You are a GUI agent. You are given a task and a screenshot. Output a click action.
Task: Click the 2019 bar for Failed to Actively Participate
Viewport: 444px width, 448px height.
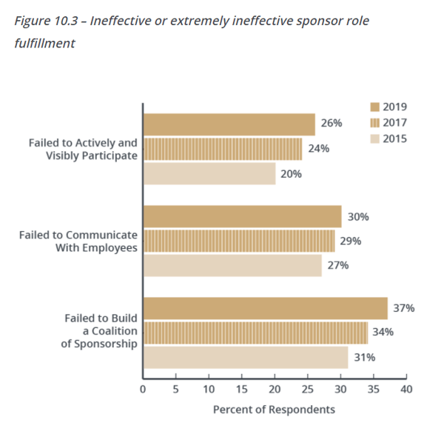click(229, 125)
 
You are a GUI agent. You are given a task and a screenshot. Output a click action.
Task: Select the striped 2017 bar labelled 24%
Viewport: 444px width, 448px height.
click(222, 149)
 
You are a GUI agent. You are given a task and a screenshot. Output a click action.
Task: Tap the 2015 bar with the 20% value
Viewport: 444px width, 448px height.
click(209, 173)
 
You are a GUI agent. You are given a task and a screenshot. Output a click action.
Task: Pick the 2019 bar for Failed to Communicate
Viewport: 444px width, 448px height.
click(242, 217)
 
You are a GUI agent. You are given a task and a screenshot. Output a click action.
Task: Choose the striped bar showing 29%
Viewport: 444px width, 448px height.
click(238, 241)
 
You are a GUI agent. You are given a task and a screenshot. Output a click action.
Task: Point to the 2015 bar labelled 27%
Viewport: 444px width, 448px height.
click(232, 265)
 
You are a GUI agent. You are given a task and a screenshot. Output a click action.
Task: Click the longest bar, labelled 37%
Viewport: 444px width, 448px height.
click(265, 308)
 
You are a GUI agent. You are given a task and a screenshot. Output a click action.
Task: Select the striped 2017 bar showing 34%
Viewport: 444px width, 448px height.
click(255, 332)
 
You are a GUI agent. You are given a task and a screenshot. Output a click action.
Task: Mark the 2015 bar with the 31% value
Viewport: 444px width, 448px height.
click(245, 357)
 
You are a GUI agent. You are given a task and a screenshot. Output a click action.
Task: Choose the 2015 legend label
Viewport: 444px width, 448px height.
click(395, 138)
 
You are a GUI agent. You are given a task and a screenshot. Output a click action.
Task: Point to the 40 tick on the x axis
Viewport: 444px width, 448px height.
click(406, 388)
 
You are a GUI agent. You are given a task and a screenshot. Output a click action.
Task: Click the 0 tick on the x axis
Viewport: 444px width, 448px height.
click(143, 388)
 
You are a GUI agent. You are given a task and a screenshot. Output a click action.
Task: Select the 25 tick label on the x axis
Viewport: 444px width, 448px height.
click(307, 388)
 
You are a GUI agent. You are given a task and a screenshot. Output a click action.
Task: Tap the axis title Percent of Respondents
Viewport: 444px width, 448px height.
click(274, 409)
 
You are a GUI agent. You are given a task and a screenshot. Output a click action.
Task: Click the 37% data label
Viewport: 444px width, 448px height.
click(404, 308)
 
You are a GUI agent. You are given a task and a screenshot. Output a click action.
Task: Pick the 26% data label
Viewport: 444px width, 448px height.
click(332, 124)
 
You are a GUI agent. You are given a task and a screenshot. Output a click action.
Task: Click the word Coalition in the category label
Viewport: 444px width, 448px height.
click(114, 331)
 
